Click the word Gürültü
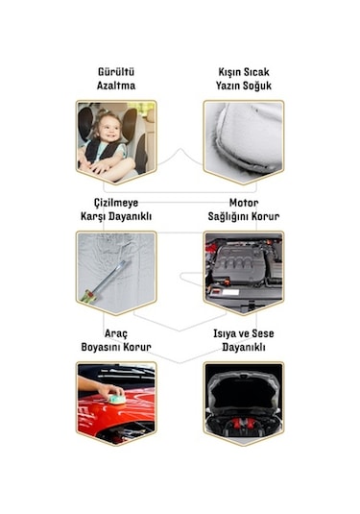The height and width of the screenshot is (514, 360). click(x=115, y=72)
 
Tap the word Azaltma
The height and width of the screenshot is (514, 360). click(x=115, y=86)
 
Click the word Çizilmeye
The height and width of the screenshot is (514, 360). click(x=115, y=203)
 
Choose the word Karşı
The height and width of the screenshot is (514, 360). click(x=94, y=216)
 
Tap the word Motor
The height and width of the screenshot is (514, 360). click(x=243, y=203)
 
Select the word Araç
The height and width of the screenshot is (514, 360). click(x=115, y=332)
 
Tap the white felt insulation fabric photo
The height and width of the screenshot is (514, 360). click(x=243, y=141)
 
